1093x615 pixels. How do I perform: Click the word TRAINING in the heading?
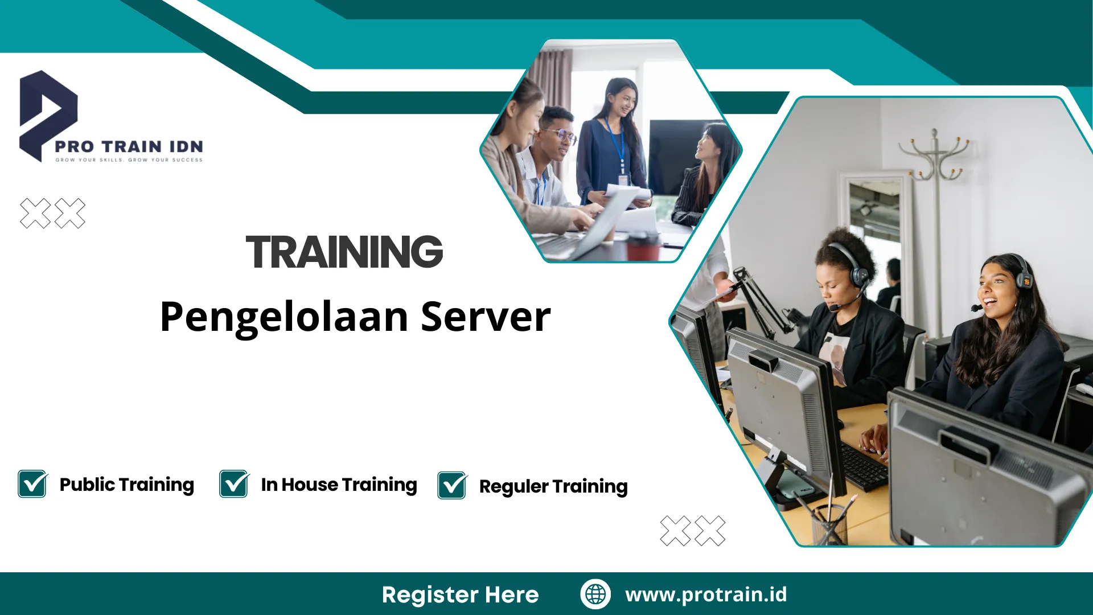click(344, 252)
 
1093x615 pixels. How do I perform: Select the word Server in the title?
click(486, 317)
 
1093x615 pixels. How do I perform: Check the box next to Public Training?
click(32, 484)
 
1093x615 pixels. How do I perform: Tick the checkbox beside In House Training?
click(234, 484)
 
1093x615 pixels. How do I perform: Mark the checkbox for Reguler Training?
click(452, 486)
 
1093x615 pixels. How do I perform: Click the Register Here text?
click(460, 594)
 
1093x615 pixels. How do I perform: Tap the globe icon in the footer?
click(595, 594)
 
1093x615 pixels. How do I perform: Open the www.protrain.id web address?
click(706, 594)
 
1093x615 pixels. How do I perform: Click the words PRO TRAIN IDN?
click(129, 146)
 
